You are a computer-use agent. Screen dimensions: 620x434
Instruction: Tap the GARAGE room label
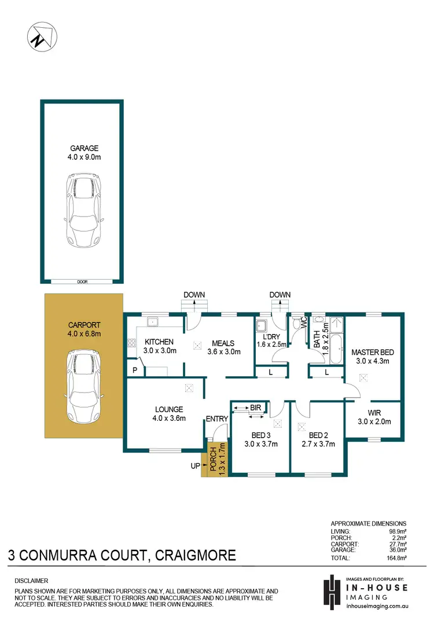(x=81, y=148)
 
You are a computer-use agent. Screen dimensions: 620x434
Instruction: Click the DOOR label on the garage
(x=81, y=282)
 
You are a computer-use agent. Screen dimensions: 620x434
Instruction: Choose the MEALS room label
(x=223, y=343)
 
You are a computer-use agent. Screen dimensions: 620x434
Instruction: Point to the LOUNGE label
(x=169, y=409)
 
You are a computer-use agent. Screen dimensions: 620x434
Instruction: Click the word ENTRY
(x=217, y=419)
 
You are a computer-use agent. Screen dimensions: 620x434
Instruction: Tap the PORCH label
(x=213, y=461)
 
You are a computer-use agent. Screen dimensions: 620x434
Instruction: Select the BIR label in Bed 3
(x=255, y=408)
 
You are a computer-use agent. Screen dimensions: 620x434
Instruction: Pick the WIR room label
(x=373, y=413)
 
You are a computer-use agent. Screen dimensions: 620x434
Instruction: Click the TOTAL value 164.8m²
(x=396, y=558)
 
